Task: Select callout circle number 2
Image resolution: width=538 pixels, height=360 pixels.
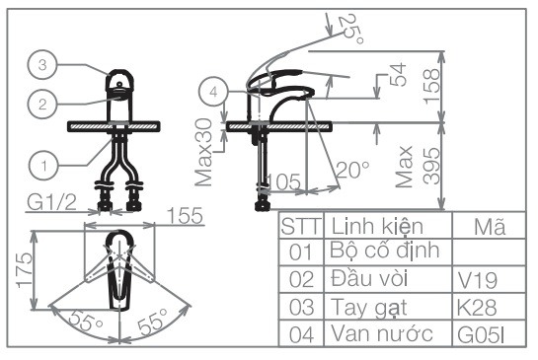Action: (x=40, y=102)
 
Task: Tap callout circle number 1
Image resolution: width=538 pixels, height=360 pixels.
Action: (x=40, y=158)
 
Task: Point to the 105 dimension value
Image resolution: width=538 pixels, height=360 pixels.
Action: (x=283, y=181)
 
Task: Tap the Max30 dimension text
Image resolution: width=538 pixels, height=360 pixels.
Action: (x=204, y=153)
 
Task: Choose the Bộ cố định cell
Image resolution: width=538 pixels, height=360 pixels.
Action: (x=385, y=252)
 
